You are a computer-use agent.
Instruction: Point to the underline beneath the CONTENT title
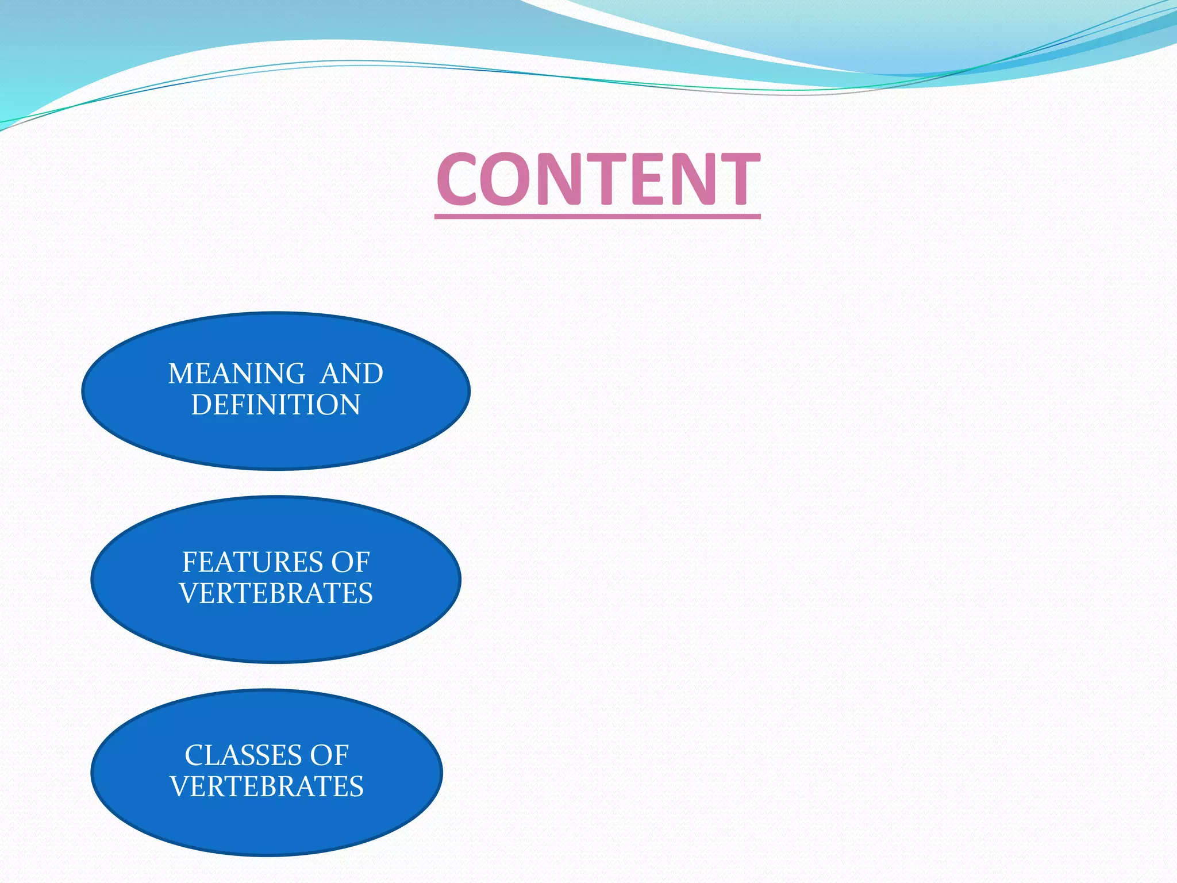(598, 216)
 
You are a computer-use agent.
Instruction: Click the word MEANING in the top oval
(236, 374)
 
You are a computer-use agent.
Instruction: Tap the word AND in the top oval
(352, 374)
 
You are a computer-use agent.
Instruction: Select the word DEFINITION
(276, 405)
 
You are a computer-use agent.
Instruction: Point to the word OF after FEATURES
(350, 562)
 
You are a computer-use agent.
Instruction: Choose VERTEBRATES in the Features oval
(276, 593)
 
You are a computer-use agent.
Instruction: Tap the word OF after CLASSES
(329, 755)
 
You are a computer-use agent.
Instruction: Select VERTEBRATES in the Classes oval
(267, 786)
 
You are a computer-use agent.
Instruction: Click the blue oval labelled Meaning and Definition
(276, 437)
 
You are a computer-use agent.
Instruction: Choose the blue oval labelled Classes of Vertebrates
(267, 822)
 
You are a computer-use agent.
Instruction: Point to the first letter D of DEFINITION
(201, 405)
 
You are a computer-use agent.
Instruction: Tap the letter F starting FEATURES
(189, 562)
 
